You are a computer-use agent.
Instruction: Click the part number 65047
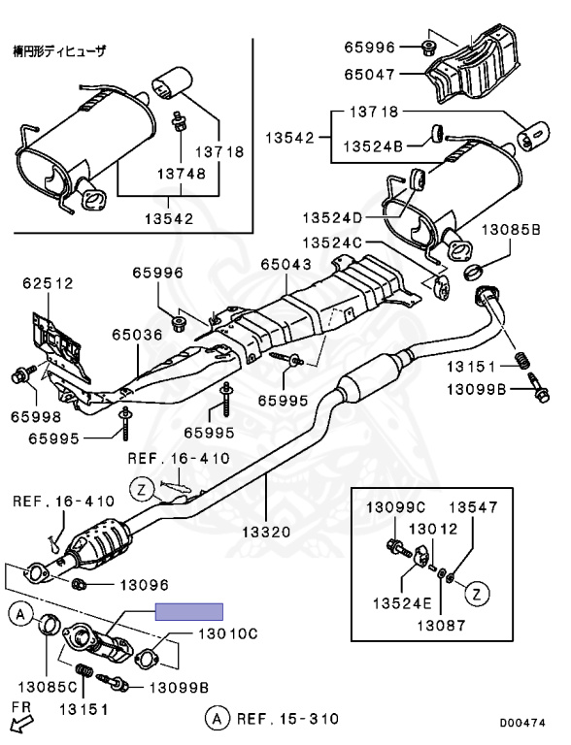tap(370, 72)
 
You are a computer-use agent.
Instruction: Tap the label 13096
tap(144, 584)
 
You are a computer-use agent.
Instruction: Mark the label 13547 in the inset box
tap(472, 507)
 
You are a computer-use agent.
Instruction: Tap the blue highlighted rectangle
tap(190, 611)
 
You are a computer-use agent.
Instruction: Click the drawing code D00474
tap(524, 723)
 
